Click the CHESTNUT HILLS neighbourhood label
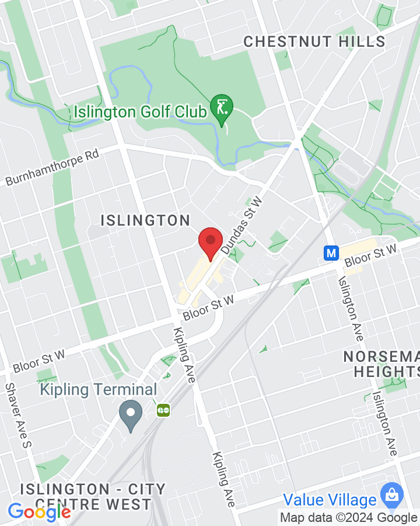(314, 41)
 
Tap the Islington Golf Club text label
(141, 111)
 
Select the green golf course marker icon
(222, 109)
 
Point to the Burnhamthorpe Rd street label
(52, 167)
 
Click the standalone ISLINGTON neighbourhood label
(145, 220)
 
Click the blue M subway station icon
(331, 252)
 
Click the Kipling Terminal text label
(99, 390)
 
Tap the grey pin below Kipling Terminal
(131, 416)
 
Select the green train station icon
(163, 411)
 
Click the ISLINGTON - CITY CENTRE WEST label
(93, 496)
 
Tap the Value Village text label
(330, 500)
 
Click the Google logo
(39, 512)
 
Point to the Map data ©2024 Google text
(348, 517)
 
